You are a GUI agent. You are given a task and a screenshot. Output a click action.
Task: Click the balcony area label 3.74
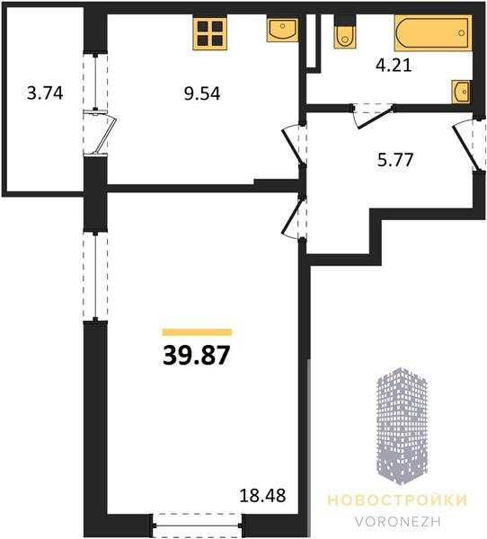tap(45, 93)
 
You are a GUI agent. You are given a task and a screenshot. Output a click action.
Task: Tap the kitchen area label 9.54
tap(202, 93)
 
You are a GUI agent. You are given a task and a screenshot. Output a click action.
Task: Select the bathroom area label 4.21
tap(394, 65)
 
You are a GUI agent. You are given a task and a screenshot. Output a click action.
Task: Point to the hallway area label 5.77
tap(395, 160)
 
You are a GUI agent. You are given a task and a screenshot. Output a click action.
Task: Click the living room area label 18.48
tap(262, 495)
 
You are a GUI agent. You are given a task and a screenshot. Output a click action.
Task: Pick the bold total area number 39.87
tap(196, 355)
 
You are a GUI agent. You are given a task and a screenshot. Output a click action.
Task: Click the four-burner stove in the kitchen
tap(209, 34)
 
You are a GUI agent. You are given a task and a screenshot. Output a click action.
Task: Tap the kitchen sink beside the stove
tap(282, 31)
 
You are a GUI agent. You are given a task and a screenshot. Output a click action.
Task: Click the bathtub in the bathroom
tap(433, 33)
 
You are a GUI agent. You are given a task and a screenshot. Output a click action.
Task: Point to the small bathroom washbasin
tap(461, 92)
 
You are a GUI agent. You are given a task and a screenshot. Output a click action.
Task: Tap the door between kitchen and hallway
tap(294, 145)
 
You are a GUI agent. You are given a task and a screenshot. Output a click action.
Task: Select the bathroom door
tap(374, 116)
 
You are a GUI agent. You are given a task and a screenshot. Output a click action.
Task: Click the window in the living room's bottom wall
tap(198, 526)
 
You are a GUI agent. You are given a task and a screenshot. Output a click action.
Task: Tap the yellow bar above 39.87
tap(197, 332)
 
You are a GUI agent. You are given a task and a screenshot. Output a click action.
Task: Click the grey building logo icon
tap(402, 426)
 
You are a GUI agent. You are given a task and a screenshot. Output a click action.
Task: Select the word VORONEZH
tap(398, 521)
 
